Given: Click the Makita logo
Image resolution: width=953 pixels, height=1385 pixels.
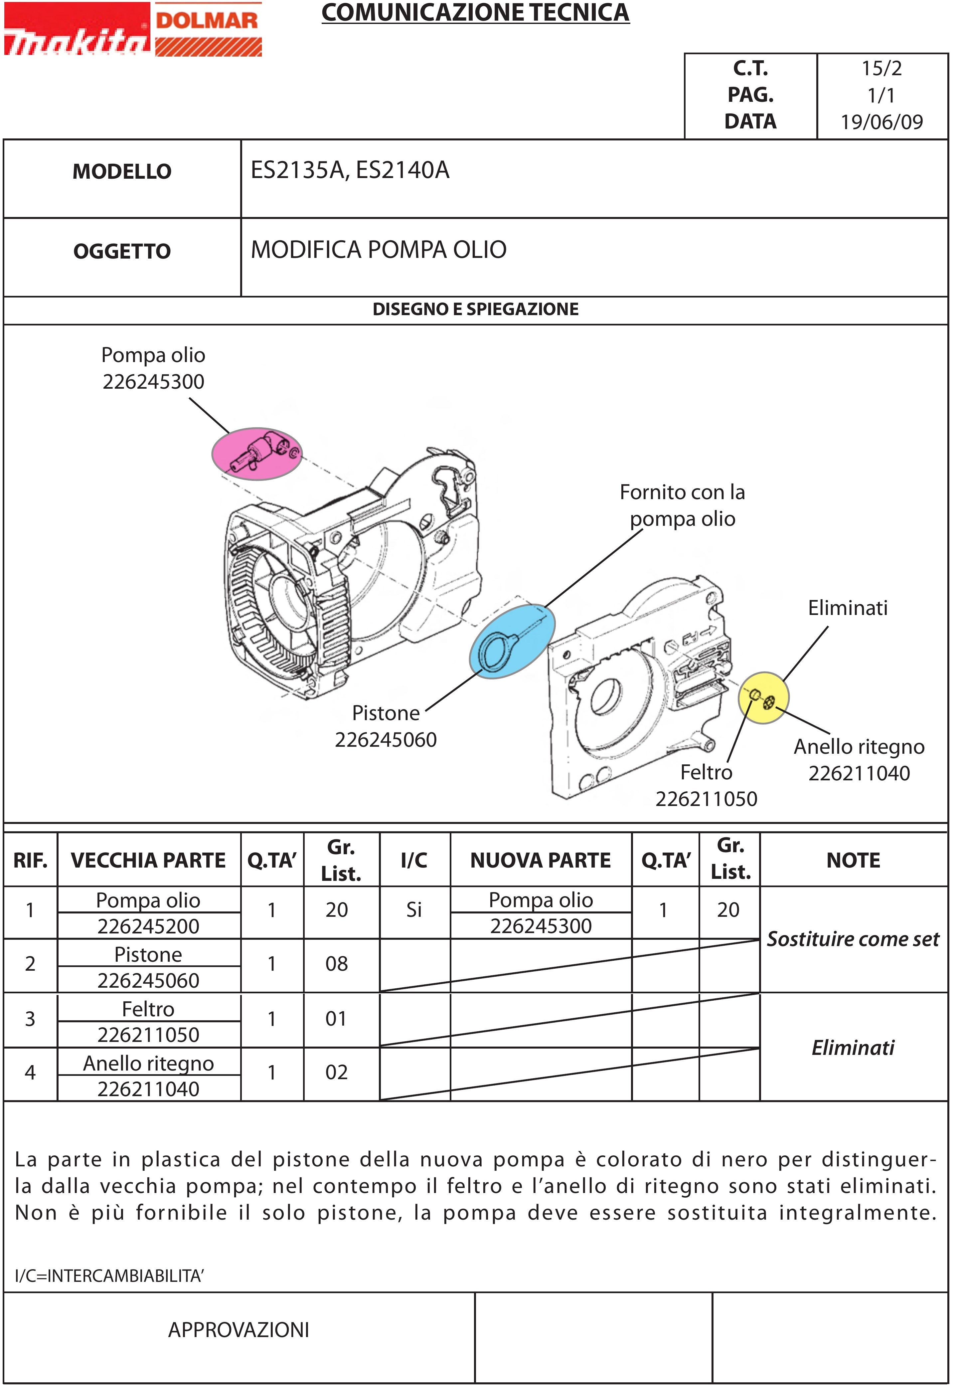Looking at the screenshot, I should (77, 36).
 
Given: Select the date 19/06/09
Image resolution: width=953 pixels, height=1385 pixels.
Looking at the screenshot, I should (881, 122).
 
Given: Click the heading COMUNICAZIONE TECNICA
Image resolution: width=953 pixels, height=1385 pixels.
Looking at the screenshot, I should (475, 13).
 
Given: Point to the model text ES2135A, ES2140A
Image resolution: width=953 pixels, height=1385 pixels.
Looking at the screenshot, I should (350, 171).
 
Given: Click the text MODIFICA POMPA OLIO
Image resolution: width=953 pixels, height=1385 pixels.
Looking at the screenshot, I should (379, 250).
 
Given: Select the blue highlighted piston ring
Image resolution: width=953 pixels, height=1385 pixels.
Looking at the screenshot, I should (512, 641).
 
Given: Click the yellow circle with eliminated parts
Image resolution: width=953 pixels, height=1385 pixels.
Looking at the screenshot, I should (763, 697).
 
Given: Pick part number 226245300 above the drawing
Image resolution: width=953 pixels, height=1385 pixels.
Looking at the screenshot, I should (153, 382).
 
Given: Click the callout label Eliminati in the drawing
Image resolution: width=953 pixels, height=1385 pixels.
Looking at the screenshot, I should (847, 608).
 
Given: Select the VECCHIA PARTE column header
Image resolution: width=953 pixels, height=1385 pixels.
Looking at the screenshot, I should (148, 861).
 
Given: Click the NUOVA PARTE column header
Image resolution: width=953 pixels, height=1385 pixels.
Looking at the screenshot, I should (541, 861).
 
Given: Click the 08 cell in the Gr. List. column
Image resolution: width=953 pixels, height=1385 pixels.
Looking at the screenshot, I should (337, 964).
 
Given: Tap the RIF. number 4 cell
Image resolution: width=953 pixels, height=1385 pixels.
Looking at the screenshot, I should (30, 1073).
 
